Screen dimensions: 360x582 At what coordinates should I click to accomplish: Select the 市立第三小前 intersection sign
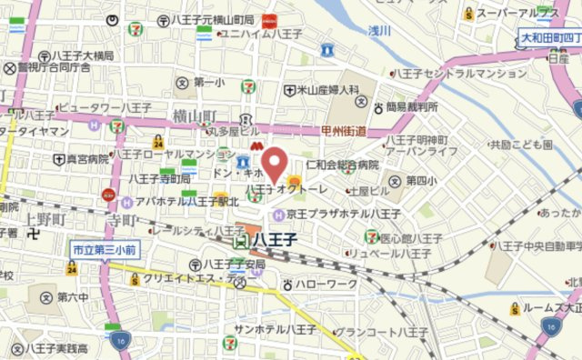click(x=105, y=247)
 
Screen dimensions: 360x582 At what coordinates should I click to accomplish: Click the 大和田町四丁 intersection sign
click(x=550, y=38)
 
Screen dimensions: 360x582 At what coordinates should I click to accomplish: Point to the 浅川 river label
click(x=378, y=32)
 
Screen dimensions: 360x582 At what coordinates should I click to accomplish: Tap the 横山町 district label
click(x=192, y=115)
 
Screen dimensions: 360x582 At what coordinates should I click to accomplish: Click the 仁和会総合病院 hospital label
click(x=341, y=165)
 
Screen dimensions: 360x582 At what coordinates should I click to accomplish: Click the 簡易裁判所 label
click(x=404, y=106)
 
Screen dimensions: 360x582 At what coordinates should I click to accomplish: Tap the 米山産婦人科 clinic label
click(x=321, y=91)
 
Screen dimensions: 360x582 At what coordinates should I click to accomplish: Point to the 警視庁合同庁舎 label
click(x=53, y=66)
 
